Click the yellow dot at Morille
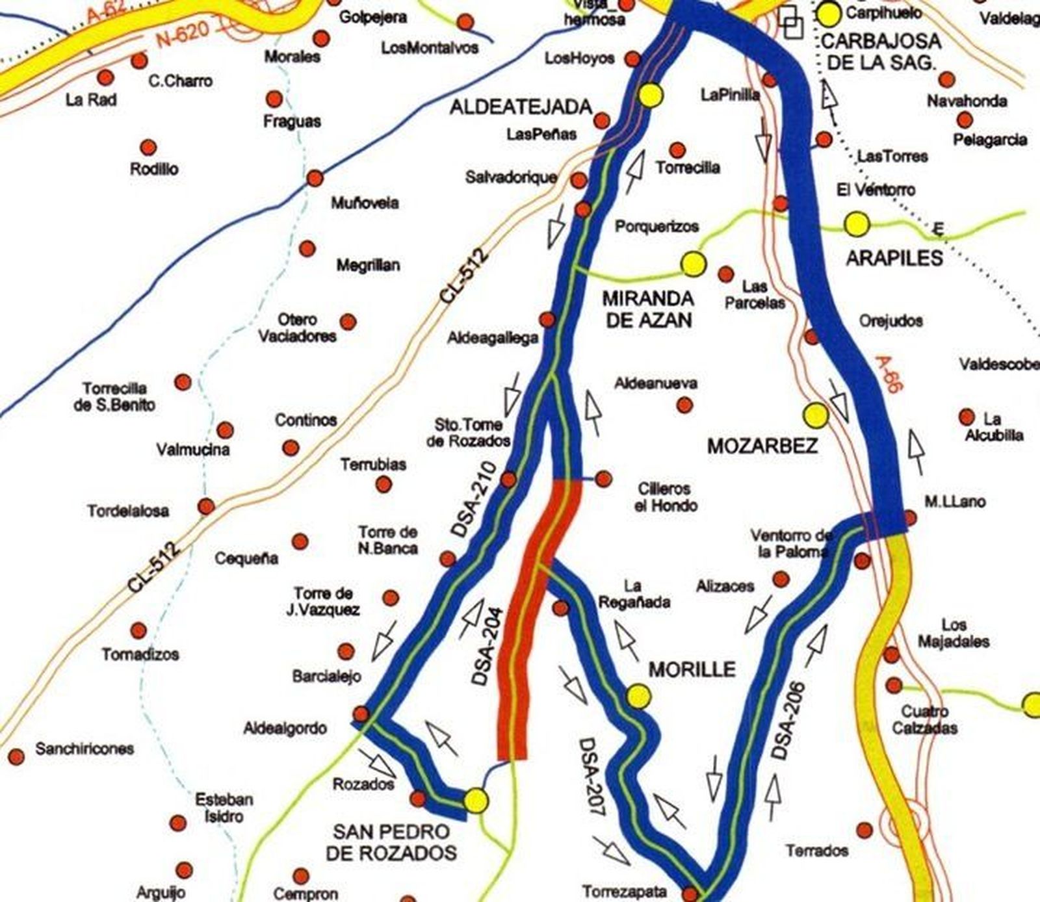coord(639,696)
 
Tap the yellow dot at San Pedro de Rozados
coord(476,801)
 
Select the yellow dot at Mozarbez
coord(815,415)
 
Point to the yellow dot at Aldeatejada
coord(650,95)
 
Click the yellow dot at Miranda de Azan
coord(694,264)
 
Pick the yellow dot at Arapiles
coord(857,224)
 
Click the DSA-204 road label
coord(489,647)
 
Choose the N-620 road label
coord(184,32)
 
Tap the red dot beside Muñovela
coord(315,178)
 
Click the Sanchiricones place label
coord(84,749)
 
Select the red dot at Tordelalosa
coord(206,506)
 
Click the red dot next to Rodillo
coord(148,146)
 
